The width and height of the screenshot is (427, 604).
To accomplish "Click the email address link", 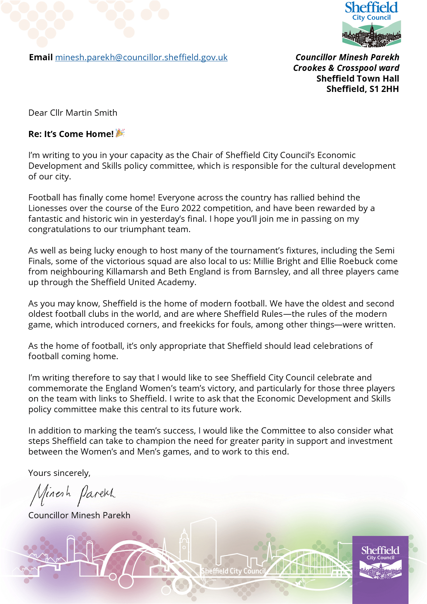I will pyautogui.click(x=141, y=58).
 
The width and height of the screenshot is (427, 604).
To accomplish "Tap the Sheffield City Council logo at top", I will pyautogui.click(x=372, y=24).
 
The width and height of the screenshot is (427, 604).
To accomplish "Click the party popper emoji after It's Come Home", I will pyautogui.click(x=120, y=133).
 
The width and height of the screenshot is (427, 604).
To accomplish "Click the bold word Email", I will pyautogui.click(x=41, y=58).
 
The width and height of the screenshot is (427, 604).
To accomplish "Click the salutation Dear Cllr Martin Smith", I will pyautogui.click(x=73, y=113).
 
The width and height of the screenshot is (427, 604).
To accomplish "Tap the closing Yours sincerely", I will pyautogui.click(x=59, y=473).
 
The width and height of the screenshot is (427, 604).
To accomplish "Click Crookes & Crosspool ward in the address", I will pyautogui.click(x=346, y=68).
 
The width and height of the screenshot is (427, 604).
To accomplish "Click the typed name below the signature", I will pyautogui.click(x=79, y=516).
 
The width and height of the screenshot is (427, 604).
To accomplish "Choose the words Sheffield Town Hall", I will pyautogui.click(x=357, y=79).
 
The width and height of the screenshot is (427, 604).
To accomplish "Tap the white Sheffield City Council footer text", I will pyautogui.click(x=233, y=571).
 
